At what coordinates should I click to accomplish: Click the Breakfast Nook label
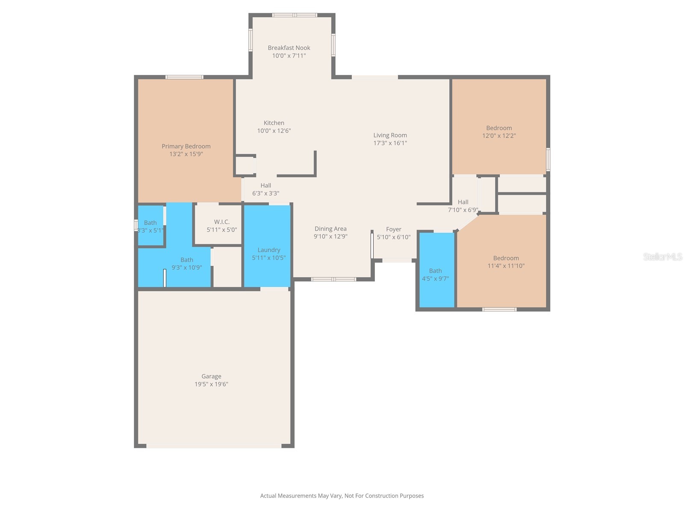tap(289, 48)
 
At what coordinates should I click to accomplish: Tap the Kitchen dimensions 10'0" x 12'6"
tap(274, 131)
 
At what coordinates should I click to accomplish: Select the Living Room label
tap(390, 135)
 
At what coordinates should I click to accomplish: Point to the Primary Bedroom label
tap(186, 146)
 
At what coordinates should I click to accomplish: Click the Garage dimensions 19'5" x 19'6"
tap(211, 384)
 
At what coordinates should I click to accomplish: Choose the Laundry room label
tap(269, 250)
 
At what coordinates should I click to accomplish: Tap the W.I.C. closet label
tap(222, 222)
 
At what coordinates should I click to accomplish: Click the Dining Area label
tap(330, 229)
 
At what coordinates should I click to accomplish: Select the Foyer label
tap(394, 229)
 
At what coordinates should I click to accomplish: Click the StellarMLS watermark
tap(663, 256)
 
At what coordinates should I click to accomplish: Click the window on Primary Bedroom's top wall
tap(184, 77)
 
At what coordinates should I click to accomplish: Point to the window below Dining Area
tap(333, 280)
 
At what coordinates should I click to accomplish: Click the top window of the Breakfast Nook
tap(295, 15)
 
